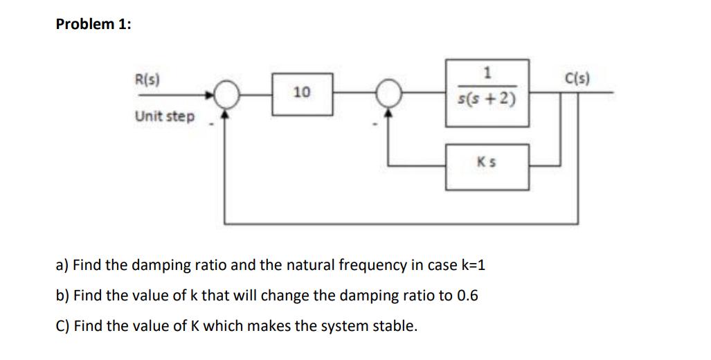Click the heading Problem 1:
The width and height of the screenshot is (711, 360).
tap(93, 24)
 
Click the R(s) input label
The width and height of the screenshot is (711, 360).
tap(146, 79)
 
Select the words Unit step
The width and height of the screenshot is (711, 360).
tap(165, 116)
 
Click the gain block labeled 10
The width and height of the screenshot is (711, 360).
tap(302, 92)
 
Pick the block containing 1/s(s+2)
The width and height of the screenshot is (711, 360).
tap(487, 91)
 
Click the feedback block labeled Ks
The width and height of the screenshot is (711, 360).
tap(487, 166)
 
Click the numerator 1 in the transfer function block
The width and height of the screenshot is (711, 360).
tap(487, 72)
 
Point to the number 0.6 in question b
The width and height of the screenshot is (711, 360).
tap(467, 296)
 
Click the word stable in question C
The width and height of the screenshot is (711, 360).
tap(396, 326)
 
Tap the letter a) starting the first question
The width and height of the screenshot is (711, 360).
tap(62, 265)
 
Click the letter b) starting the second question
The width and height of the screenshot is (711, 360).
tap(62, 296)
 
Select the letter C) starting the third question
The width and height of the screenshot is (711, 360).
tap(62, 326)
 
